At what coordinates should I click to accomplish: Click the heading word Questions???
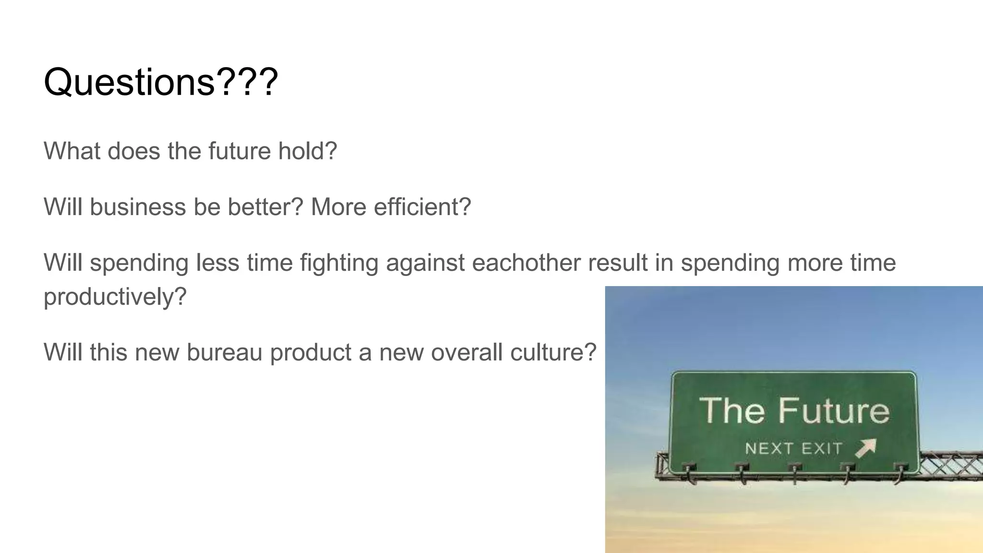click(x=160, y=83)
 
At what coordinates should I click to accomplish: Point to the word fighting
click(x=339, y=263)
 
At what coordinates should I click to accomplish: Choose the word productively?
click(x=115, y=297)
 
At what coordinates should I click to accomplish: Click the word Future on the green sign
click(x=834, y=411)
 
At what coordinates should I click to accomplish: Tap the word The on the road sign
click(x=732, y=411)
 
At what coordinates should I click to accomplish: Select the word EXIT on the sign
click(x=822, y=449)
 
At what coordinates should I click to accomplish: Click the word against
click(x=425, y=263)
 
